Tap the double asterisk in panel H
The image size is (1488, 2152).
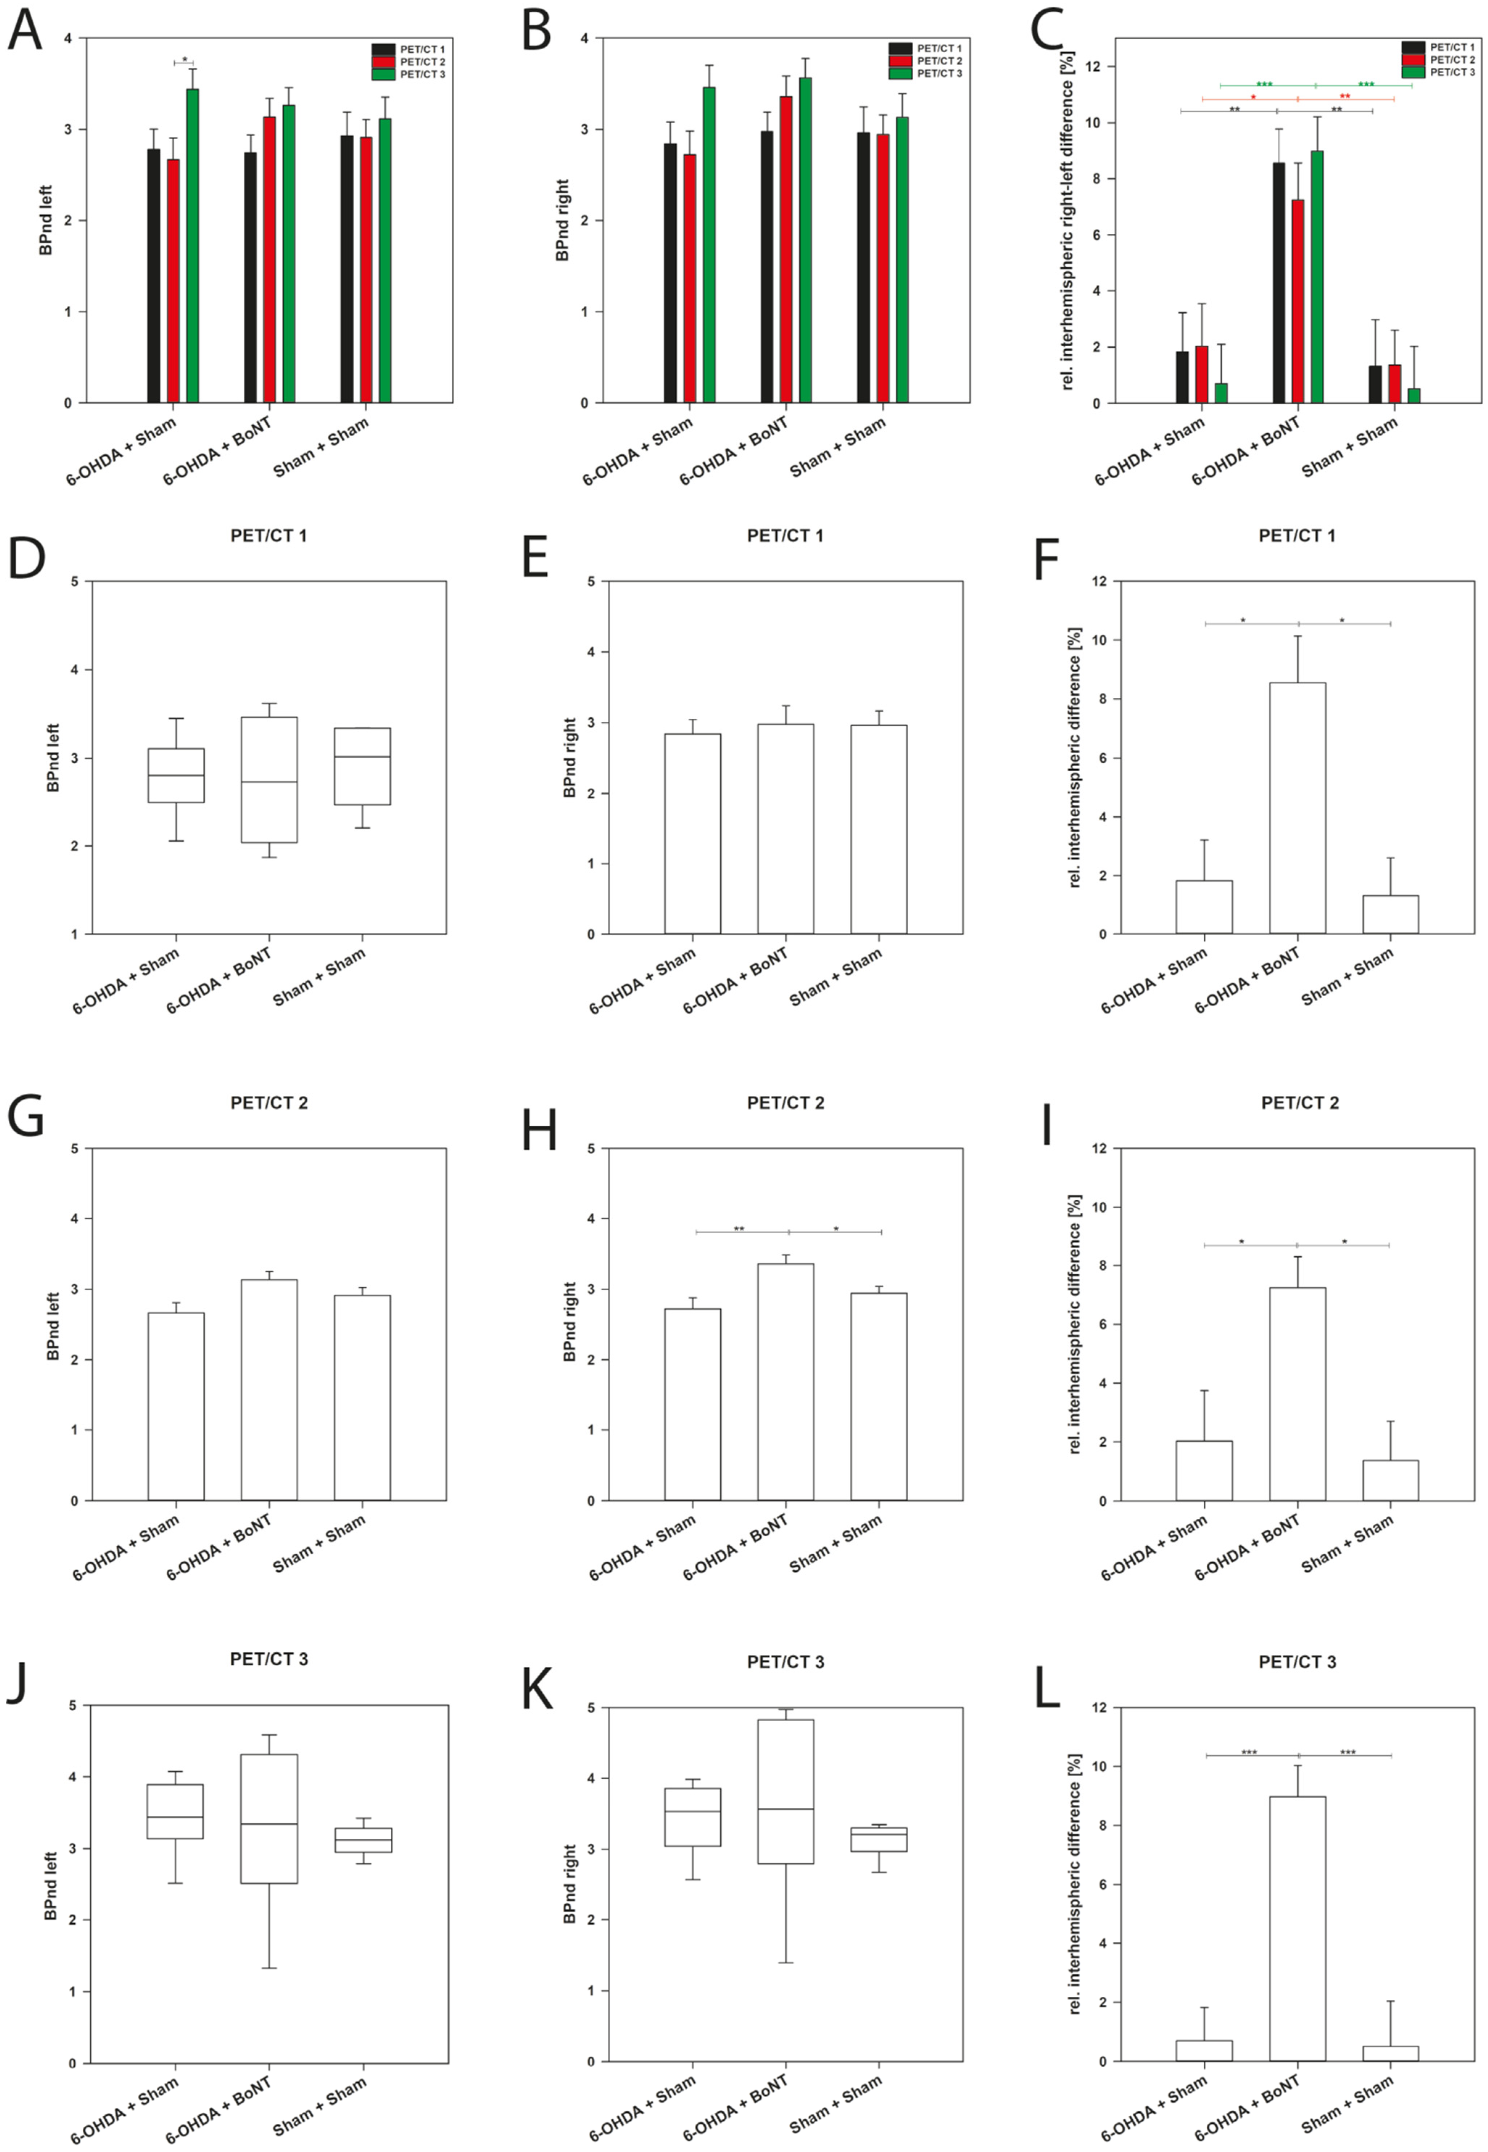point(739,1229)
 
